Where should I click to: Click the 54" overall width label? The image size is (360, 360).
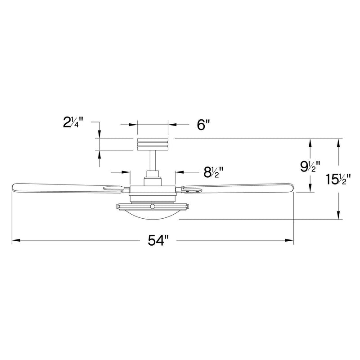click(x=158, y=241)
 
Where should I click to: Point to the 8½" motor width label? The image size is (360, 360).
click(x=214, y=171)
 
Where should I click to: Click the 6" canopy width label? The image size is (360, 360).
click(x=203, y=125)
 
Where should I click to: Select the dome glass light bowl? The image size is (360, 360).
click(x=153, y=215)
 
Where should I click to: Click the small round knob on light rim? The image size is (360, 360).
click(x=153, y=206)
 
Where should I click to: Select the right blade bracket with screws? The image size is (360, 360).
click(x=191, y=191)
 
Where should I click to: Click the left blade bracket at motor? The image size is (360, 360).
click(x=115, y=189)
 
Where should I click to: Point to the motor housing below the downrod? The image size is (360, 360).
click(x=153, y=191)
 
